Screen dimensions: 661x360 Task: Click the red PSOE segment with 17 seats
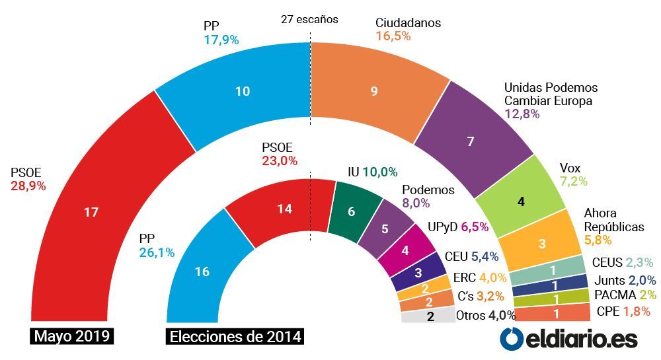(91, 212)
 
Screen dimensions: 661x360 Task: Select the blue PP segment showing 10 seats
(243, 91)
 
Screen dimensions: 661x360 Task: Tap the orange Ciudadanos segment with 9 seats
(374, 91)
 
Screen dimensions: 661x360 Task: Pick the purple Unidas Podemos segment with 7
(471, 141)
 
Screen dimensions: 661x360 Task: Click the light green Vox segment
(521, 201)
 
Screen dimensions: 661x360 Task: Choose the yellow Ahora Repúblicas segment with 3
(543, 243)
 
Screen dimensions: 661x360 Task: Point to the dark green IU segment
(351, 211)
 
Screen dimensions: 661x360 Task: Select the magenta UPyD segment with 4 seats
(405, 250)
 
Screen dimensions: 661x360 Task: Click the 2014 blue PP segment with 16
(202, 271)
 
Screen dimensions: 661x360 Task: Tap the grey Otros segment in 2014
(429, 315)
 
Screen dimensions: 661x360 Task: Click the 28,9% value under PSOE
(28, 186)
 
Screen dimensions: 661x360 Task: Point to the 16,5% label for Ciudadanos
(393, 36)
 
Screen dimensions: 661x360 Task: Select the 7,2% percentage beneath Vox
(574, 181)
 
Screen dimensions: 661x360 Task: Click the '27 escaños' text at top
(310, 19)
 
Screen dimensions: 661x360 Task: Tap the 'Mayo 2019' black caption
(72, 336)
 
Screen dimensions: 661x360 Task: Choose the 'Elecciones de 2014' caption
(235, 336)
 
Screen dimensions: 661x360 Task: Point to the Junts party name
(609, 280)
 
